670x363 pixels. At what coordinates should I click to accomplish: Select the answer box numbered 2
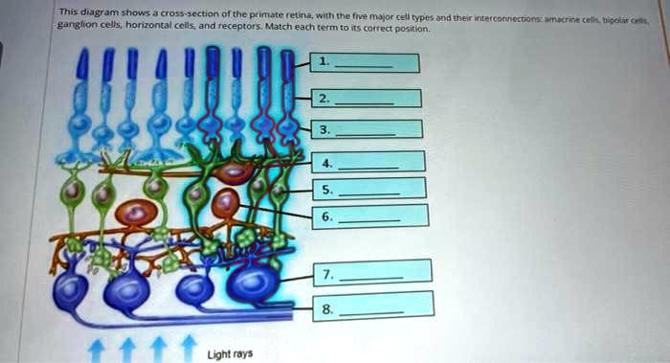click(x=367, y=98)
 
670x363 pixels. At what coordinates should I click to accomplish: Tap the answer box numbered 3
click(x=368, y=128)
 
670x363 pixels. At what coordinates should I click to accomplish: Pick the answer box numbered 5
click(x=369, y=189)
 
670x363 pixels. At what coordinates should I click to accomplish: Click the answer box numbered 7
click(x=371, y=272)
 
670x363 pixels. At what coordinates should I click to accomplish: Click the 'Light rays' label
click(x=231, y=353)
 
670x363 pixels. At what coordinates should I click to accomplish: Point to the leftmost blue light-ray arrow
click(x=93, y=349)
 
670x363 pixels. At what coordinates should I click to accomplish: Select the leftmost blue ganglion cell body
click(x=72, y=291)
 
